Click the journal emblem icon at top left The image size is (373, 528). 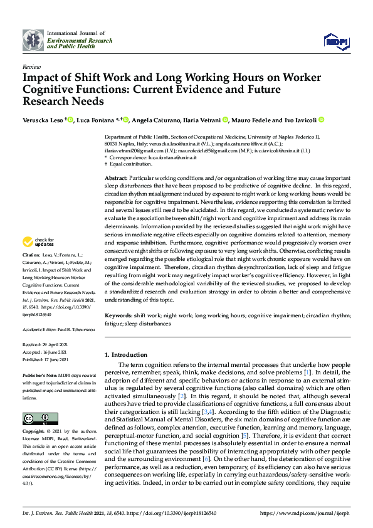33,40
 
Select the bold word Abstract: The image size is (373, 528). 117,179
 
